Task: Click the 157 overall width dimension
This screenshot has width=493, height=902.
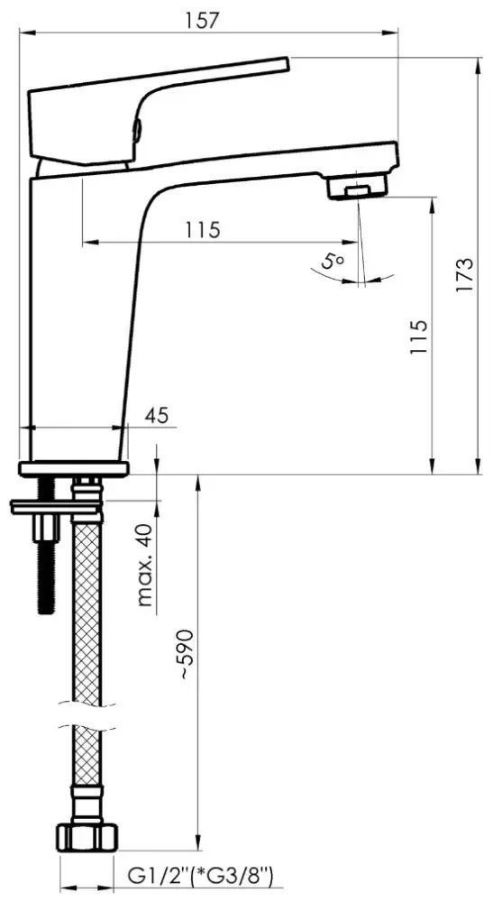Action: click(202, 21)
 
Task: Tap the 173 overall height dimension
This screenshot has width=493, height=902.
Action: click(465, 274)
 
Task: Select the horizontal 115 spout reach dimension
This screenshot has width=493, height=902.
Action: click(202, 230)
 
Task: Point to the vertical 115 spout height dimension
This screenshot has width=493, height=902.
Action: click(419, 336)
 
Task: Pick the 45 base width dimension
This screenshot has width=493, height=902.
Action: click(158, 415)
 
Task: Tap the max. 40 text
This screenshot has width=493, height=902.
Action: click(147, 566)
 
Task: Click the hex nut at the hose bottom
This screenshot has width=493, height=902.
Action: click(87, 838)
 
